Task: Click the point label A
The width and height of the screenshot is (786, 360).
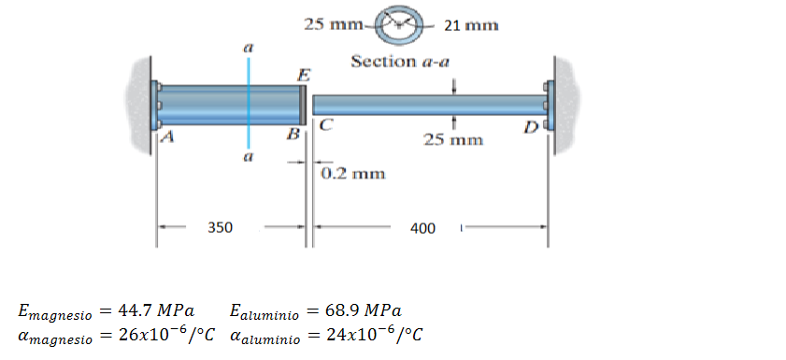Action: (168, 137)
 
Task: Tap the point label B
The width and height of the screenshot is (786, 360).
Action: (293, 134)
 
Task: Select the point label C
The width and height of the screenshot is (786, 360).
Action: (326, 125)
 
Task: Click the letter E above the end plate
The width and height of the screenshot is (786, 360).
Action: (303, 76)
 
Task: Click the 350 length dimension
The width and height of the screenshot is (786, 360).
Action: (221, 227)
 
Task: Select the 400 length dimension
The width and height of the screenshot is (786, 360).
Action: (422, 229)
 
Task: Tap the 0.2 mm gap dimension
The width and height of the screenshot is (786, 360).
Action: (353, 174)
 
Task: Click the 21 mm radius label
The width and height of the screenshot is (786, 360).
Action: (471, 25)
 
